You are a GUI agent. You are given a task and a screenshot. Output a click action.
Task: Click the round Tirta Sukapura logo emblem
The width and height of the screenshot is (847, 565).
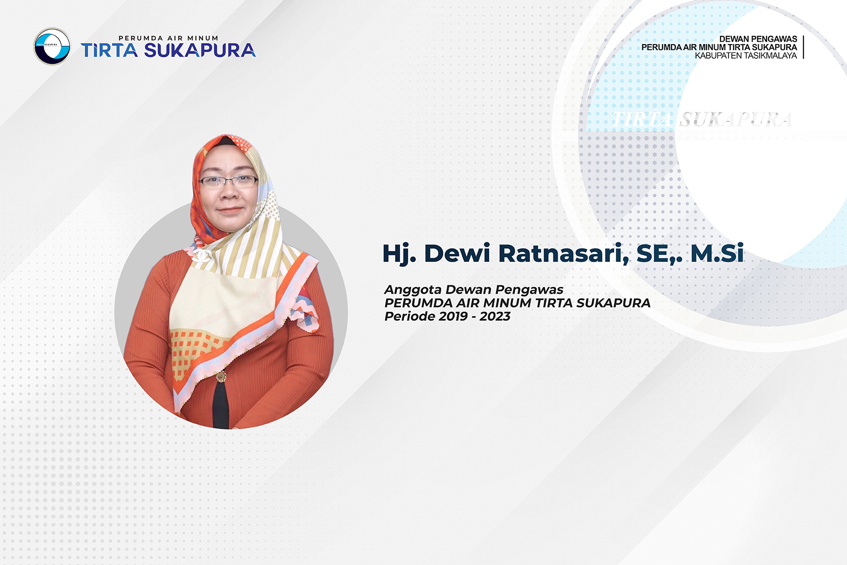point(52,47)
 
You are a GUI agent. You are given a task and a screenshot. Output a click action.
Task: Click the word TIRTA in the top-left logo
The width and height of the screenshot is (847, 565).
point(109,51)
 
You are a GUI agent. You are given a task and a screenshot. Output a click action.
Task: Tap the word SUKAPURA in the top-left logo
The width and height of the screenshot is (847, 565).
point(200,51)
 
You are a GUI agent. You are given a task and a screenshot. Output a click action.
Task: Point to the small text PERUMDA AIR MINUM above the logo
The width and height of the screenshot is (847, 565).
point(168,38)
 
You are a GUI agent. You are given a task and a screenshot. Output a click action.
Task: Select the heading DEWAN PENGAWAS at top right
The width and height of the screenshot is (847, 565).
point(758,39)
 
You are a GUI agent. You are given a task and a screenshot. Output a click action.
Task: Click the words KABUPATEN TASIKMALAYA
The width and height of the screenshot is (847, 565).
point(746,55)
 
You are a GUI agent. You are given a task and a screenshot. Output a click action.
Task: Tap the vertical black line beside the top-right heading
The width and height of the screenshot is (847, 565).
point(803,47)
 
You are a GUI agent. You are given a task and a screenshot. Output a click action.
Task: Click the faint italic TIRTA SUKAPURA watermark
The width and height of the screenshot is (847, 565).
point(701,119)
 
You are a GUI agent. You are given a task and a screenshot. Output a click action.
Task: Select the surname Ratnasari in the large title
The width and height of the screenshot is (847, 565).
point(563,254)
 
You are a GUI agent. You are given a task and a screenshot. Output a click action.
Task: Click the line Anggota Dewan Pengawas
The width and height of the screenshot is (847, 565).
point(474,290)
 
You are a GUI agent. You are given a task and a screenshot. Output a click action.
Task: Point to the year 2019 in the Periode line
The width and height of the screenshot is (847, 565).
point(453,316)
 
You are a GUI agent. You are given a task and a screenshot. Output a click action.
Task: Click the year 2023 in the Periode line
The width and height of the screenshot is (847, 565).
point(495,316)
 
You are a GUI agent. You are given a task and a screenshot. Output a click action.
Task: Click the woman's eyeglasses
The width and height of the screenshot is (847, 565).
point(228,181)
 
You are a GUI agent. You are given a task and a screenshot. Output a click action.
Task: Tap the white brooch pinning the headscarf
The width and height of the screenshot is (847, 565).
point(202,254)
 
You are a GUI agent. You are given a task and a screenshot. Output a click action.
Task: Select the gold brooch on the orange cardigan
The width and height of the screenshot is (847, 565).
point(222,376)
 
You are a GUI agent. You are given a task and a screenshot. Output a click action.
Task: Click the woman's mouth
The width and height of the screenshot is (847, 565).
point(229,210)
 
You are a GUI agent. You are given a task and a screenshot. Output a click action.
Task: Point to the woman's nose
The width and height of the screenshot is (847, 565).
point(229,194)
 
